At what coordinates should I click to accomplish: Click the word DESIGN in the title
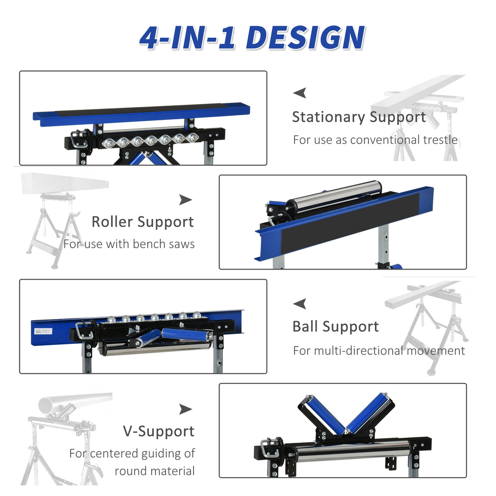point(305,38)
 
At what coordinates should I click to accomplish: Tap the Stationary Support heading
point(359,117)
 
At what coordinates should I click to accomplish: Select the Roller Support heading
point(142,222)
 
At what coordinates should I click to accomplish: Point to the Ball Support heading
point(335,327)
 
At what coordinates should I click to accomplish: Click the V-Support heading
point(158,431)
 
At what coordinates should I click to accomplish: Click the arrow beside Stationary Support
point(300,93)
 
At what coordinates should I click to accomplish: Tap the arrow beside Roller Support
point(186,199)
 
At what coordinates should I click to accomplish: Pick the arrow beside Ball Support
point(300,304)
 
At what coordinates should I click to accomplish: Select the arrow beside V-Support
point(186,409)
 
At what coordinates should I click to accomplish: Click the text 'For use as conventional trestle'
point(375,140)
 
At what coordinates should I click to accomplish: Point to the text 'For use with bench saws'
point(129,244)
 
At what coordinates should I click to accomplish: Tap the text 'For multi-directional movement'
point(379,351)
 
